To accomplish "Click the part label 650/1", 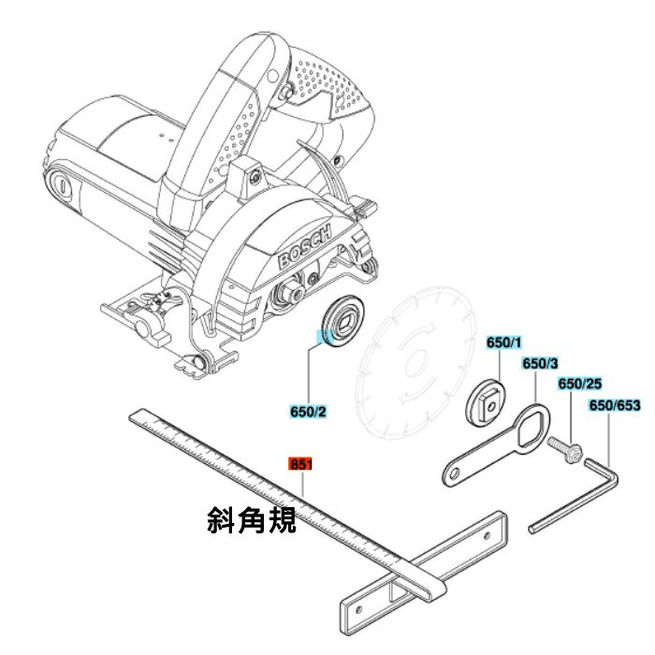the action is click(x=503, y=342).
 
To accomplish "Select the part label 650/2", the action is click(x=308, y=412).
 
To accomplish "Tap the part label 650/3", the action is click(x=540, y=363).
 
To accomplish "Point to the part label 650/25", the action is click(x=580, y=384).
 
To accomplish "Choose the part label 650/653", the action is click(x=615, y=405).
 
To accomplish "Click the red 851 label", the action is click(x=300, y=464).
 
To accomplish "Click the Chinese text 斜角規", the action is click(x=252, y=519).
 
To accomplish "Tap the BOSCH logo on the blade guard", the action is click(x=304, y=246).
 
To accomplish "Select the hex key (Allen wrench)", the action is click(x=576, y=496).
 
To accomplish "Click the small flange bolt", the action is click(x=565, y=448).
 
